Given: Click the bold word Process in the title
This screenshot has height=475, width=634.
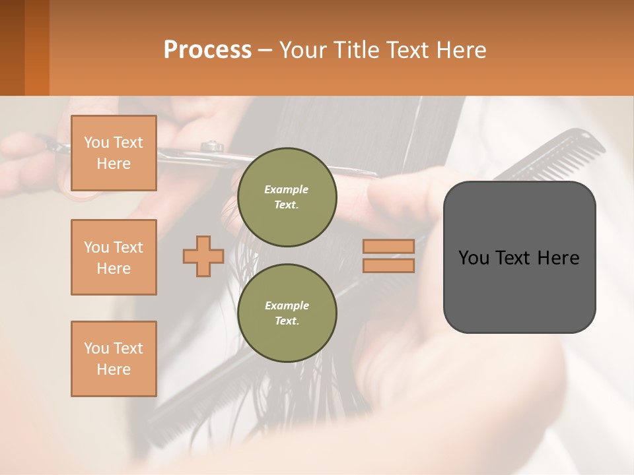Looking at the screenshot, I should (207, 50).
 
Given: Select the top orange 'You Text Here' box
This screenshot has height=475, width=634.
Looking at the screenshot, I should (114, 153).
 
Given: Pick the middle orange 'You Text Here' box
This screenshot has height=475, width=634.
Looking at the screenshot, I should (114, 257).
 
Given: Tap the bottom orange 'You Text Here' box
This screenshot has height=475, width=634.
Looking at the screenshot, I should (114, 359).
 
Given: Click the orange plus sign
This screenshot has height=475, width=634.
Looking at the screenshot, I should (203, 256).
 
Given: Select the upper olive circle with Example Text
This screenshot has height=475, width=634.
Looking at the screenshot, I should (287, 197).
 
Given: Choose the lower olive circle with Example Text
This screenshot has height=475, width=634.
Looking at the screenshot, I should (287, 313).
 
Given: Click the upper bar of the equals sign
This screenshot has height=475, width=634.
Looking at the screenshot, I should (389, 246).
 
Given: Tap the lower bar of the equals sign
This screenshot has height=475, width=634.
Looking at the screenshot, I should (389, 265).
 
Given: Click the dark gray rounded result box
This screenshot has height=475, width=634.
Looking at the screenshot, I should (519, 290).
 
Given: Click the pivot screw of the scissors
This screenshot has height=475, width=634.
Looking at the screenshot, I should (211, 144).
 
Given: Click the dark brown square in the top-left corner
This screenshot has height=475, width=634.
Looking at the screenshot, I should (12, 47).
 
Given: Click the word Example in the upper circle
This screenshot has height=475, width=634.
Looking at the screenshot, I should (287, 189).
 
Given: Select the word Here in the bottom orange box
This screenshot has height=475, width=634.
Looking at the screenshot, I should (114, 369).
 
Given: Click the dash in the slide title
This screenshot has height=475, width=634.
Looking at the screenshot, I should (265, 50).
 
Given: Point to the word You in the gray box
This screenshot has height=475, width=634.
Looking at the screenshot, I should (474, 258).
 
